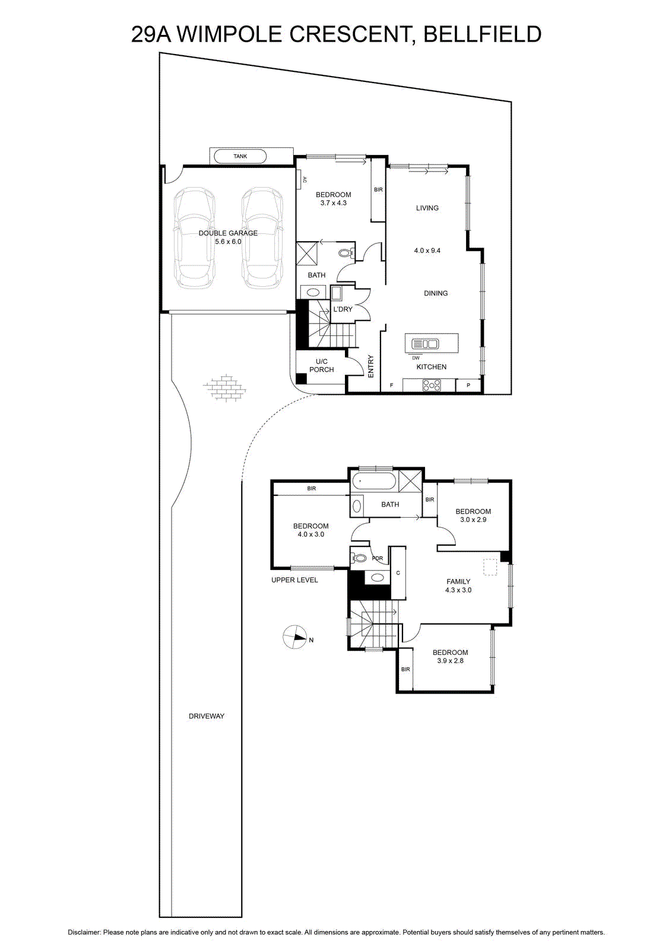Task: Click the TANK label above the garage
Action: click(x=240, y=156)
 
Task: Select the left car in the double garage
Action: click(x=194, y=237)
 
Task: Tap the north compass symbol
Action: click(x=294, y=636)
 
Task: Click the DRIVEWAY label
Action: click(x=207, y=716)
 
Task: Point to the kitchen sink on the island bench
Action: click(x=424, y=344)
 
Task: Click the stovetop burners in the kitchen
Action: click(x=432, y=385)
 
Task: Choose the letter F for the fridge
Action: click(x=391, y=385)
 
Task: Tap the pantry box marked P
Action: click(x=468, y=385)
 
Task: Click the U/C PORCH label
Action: click(x=321, y=366)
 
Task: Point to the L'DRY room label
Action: click(x=343, y=309)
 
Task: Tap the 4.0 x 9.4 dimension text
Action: click(x=427, y=251)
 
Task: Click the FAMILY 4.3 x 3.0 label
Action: click(x=458, y=585)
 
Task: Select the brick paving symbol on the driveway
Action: click(x=225, y=387)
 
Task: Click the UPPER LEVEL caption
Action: click(x=294, y=579)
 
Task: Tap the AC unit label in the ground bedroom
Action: click(x=304, y=180)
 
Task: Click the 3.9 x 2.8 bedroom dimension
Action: click(x=450, y=660)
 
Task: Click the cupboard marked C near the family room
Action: click(x=398, y=572)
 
